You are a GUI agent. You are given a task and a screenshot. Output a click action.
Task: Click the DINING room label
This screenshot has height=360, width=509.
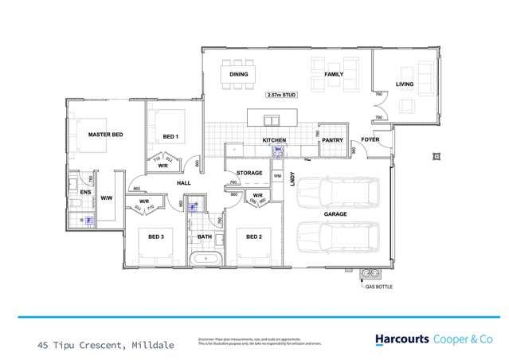click(x=239, y=75)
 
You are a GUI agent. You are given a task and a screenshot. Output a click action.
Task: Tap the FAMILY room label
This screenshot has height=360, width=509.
click(x=333, y=75)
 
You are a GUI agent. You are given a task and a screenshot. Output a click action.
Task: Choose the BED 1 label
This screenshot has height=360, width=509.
click(x=170, y=137)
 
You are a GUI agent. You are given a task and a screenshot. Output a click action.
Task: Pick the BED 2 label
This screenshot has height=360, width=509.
click(x=254, y=237)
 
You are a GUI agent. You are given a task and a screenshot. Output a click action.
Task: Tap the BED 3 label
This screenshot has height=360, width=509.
click(x=156, y=237)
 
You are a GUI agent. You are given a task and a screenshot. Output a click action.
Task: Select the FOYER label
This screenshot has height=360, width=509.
click(x=370, y=139)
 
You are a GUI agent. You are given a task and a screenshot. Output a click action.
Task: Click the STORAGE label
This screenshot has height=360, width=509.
click(x=249, y=172)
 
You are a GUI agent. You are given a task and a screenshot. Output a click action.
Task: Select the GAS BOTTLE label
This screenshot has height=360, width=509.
click(x=377, y=284)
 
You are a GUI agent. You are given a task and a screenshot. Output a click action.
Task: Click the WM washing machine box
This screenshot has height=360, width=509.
click(x=278, y=175)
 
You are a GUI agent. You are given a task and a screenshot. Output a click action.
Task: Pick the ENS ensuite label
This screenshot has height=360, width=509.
click(x=86, y=192)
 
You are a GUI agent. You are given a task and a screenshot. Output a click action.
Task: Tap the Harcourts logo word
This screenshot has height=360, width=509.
click(x=403, y=339)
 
